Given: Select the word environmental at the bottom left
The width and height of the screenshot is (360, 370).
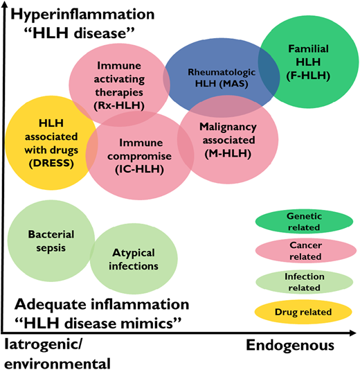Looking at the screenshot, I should click(x=57, y=362).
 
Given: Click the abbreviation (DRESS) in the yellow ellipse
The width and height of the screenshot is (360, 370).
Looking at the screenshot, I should click(x=42, y=161).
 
